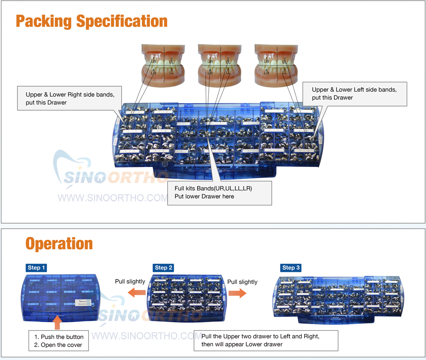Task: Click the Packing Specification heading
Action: (92, 21)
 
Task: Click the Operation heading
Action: (59, 244)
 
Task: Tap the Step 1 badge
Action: (36, 268)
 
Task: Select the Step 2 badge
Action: (164, 268)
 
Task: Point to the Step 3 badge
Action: (291, 268)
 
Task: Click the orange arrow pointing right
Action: (237, 293)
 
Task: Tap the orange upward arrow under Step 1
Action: (58, 323)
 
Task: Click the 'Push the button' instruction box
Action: (59, 341)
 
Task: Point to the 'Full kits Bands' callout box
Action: (219, 192)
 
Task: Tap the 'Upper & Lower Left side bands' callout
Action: (354, 94)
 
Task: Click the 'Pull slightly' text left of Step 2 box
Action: (130, 282)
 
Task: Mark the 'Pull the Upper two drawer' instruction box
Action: (266, 340)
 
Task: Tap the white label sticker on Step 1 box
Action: (82, 303)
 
